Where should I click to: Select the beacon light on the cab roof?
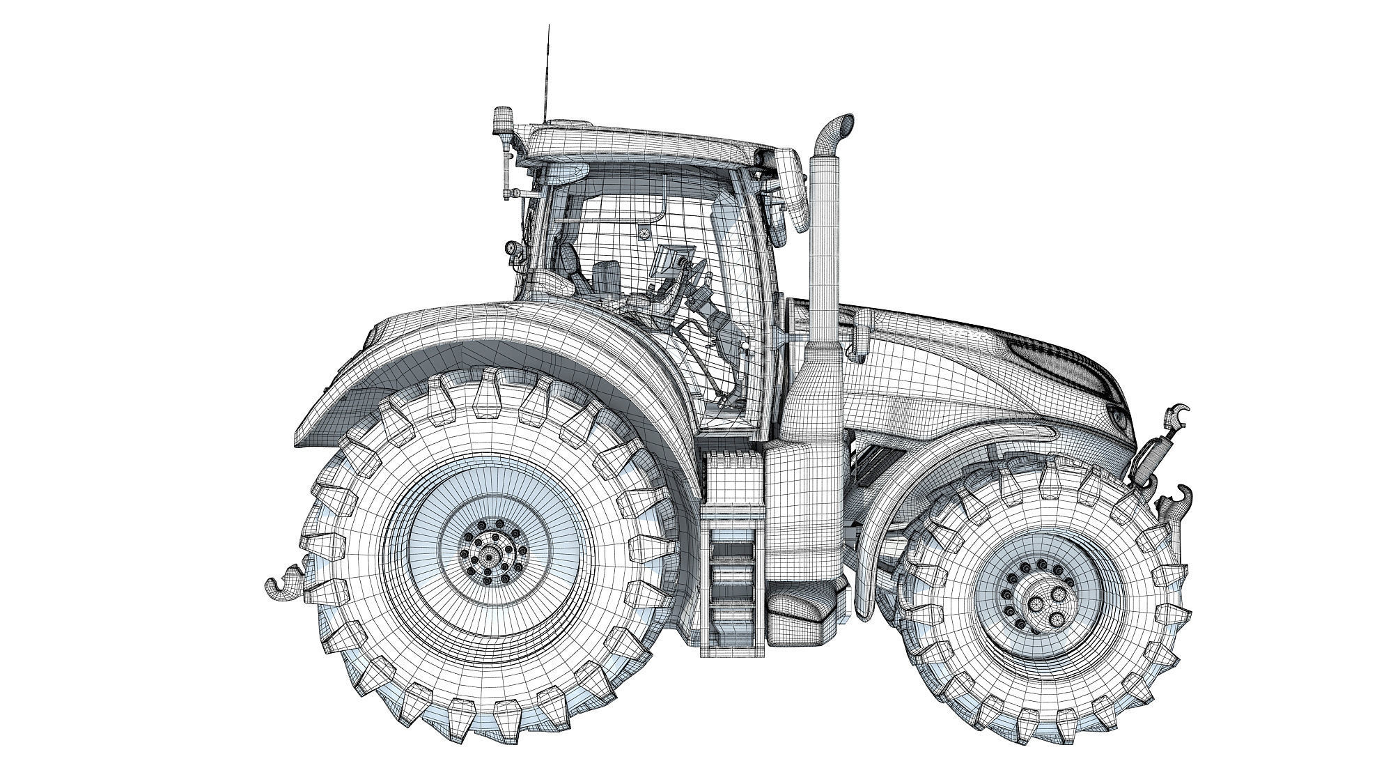click(x=501, y=122)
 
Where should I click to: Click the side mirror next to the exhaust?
click(x=793, y=192)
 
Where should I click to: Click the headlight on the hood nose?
click(x=1119, y=418)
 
